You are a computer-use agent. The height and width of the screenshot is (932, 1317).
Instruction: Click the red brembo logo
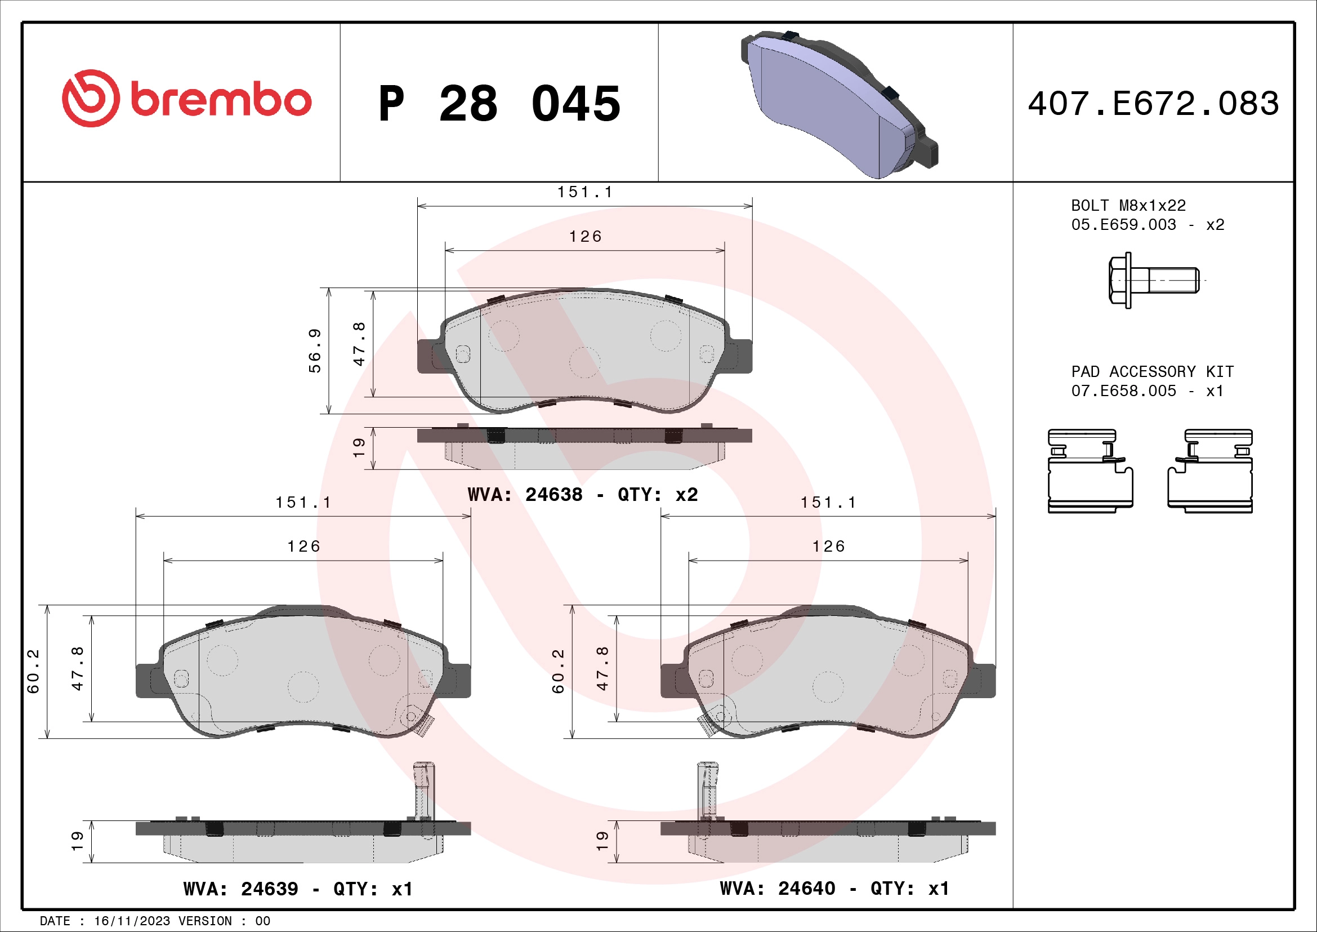pyautogui.click(x=186, y=99)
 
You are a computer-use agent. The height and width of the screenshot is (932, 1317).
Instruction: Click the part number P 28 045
pyautogui.click(x=499, y=104)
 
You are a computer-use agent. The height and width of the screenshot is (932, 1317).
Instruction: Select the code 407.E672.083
pyautogui.click(x=1153, y=104)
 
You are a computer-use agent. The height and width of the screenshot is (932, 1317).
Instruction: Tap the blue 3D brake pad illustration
pyautogui.click(x=837, y=103)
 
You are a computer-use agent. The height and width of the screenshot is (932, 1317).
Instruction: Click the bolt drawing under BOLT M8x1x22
pyautogui.click(x=1153, y=280)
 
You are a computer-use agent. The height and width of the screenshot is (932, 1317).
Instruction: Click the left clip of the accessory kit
pyautogui.click(x=1090, y=471)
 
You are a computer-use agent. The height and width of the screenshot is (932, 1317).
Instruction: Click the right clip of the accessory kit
pyautogui.click(x=1211, y=471)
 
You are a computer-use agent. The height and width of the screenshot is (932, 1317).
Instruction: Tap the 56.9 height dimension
pyautogui.click(x=315, y=350)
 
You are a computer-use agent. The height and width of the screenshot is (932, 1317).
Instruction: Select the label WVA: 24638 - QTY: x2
pyautogui.click(x=582, y=495)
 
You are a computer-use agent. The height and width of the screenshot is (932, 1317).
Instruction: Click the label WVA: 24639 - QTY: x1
pyautogui.click(x=298, y=889)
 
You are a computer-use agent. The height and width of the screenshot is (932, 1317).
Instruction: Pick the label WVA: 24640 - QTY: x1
pyautogui.click(x=834, y=889)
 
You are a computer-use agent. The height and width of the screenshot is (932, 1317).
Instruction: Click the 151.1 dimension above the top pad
pyautogui.click(x=584, y=192)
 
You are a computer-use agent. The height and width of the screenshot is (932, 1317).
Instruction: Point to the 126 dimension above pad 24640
pyautogui.click(x=828, y=547)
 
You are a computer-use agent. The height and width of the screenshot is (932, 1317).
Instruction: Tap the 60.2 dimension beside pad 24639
pyautogui.click(x=33, y=671)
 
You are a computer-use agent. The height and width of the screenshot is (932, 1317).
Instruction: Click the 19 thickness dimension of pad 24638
pyautogui.click(x=359, y=447)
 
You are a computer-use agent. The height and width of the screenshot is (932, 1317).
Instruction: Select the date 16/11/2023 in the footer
pyautogui.click(x=132, y=921)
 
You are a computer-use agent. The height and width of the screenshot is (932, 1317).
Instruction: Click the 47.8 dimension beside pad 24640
pyautogui.click(x=602, y=669)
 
